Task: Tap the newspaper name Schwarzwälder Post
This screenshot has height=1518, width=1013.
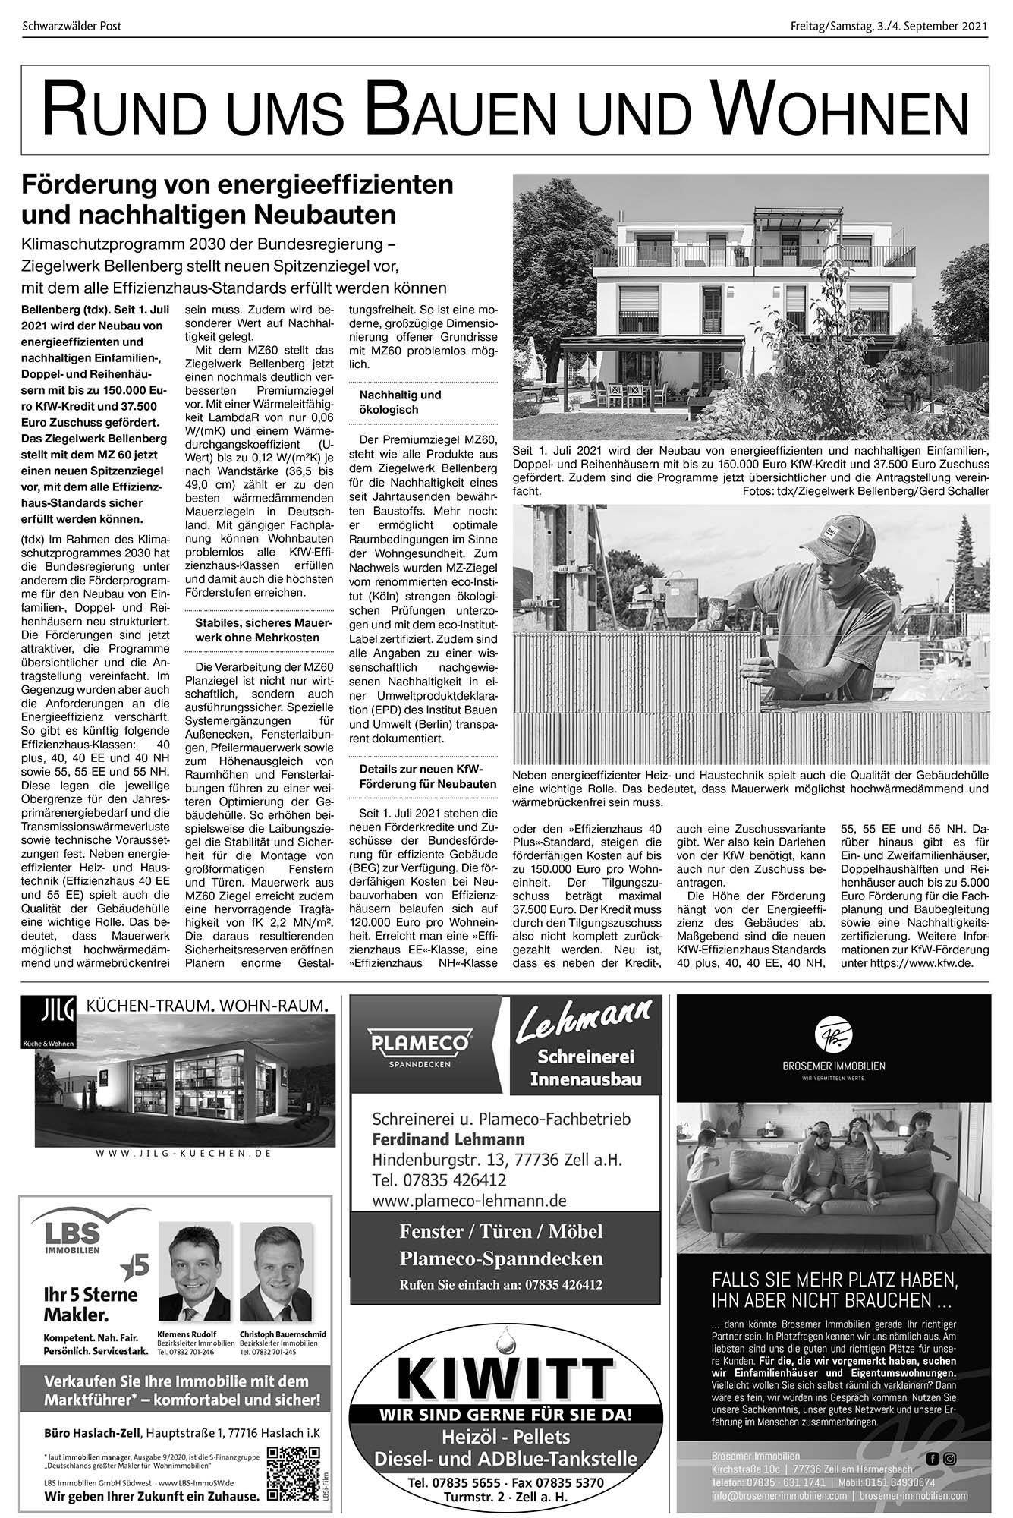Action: click(x=72, y=27)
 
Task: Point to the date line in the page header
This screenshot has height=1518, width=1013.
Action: click(x=888, y=27)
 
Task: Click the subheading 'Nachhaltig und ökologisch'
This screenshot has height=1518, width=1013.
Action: click(x=400, y=402)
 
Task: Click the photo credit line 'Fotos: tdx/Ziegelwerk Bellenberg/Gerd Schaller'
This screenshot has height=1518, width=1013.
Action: click(x=867, y=492)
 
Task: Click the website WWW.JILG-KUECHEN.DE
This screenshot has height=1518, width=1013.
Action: click(x=184, y=1153)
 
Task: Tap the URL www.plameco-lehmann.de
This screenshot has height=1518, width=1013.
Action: click(x=470, y=1201)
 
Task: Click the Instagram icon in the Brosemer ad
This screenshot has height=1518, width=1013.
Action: click(x=949, y=1458)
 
